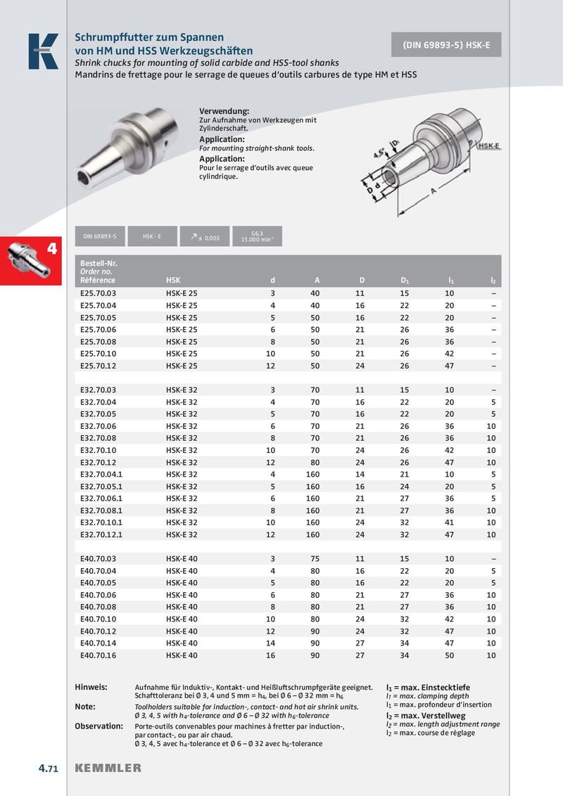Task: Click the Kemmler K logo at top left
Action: [x=43, y=51]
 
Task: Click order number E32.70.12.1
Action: [x=102, y=534]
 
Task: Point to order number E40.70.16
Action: [x=98, y=655]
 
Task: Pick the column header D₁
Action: [x=405, y=281]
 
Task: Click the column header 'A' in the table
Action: [x=317, y=281]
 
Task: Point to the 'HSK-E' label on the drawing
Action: [x=488, y=146]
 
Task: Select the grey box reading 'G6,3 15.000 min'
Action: [x=257, y=237]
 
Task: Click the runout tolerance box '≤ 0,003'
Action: [x=204, y=238]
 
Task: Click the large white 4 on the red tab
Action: [x=51, y=249]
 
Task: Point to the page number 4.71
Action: [x=48, y=768]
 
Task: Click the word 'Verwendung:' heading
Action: [x=224, y=112]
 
